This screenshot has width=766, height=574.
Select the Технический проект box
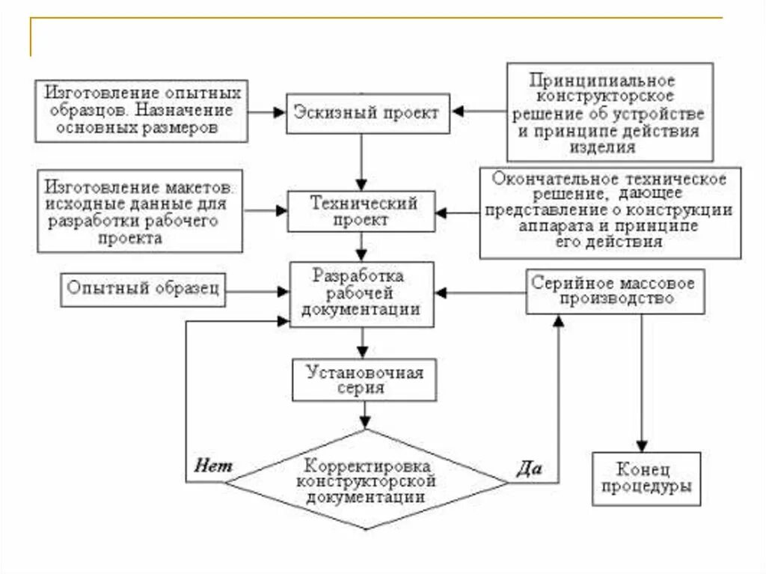click(x=363, y=212)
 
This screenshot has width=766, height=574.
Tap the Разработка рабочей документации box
click(x=363, y=293)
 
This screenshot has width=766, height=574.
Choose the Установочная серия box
click(x=364, y=380)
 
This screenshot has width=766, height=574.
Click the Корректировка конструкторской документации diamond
click(x=366, y=480)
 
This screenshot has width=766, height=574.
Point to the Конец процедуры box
click(x=646, y=479)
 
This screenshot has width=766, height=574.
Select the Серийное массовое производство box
click(x=615, y=291)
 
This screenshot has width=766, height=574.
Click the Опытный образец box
click(x=144, y=289)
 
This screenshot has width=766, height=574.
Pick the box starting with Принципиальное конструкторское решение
click(x=609, y=112)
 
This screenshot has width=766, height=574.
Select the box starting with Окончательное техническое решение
click(x=610, y=212)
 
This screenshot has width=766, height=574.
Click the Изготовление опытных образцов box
click(x=141, y=111)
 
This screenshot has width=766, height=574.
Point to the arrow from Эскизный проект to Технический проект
click(x=363, y=161)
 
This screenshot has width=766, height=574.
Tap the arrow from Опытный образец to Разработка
click(x=258, y=290)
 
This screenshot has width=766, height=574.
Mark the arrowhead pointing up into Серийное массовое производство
click(x=558, y=320)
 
